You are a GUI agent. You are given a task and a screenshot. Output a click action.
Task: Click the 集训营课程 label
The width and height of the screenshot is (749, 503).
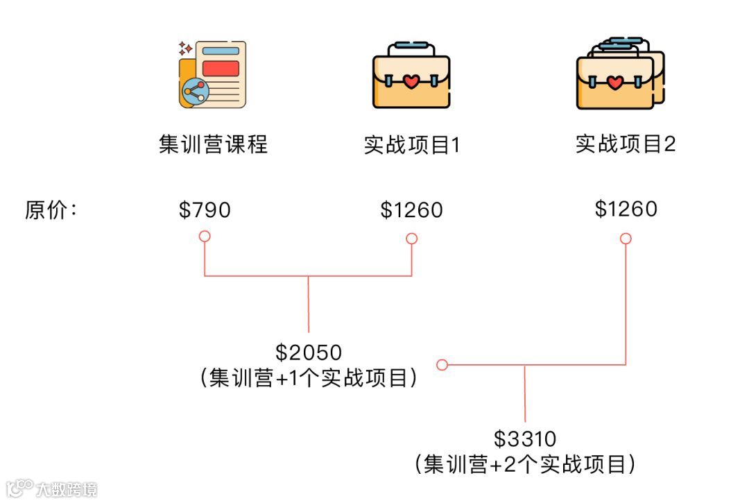[x=213, y=144]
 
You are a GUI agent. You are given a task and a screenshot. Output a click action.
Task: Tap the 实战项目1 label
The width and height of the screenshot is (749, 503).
[x=412, y=144]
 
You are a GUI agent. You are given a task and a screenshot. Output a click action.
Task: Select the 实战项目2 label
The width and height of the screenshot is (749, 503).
[x=626, y=144]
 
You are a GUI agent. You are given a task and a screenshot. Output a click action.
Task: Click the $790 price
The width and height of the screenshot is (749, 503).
[x=205, y=210]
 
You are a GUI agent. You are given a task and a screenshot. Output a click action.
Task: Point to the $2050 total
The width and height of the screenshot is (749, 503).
[x=309, y=352]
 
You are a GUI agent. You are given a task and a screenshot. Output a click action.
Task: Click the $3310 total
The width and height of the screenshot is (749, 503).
[x=525, y=438]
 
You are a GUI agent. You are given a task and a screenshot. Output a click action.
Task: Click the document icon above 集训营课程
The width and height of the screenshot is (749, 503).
[x=212, y=74]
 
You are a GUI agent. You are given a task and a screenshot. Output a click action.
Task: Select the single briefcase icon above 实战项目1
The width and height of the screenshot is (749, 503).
[x=411, y=76]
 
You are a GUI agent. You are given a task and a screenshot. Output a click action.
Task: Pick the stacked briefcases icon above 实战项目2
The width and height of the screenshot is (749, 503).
[x=620, y=74]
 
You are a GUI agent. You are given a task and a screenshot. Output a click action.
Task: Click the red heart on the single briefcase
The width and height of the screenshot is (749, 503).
[x=411, y=83]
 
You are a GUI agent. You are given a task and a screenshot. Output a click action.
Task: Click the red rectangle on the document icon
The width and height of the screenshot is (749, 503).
[x=221, y=68]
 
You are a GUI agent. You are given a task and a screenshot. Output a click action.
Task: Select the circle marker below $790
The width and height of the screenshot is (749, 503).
[x=205, y=237]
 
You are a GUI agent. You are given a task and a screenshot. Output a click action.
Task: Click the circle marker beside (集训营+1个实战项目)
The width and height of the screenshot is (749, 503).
[x=442, y=365]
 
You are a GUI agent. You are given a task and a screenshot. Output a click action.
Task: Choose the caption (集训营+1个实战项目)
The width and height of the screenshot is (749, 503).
[x=309, y=378]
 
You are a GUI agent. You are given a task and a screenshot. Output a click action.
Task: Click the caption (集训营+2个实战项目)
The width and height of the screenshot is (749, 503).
[x=525, y=463]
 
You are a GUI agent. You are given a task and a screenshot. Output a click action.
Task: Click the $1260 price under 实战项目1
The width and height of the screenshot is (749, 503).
[x=411, y=210]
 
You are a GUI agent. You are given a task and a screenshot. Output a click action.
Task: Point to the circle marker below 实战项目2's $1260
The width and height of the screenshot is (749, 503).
[x=626, y=239]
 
